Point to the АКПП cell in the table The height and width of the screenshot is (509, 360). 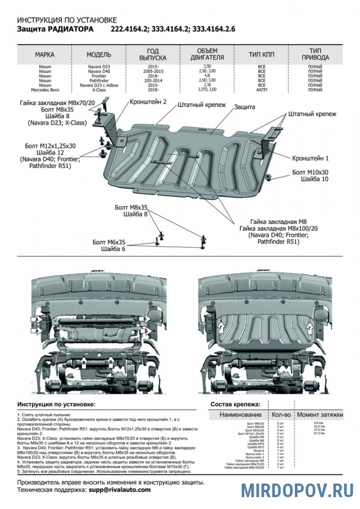(x=262, y=90)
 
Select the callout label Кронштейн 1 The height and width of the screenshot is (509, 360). (x=311, y=158)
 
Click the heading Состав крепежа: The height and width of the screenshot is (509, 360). (x=235, y=404)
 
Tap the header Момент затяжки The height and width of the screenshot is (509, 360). (x=320, y=415)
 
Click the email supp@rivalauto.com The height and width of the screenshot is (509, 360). (x=119, y=490)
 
